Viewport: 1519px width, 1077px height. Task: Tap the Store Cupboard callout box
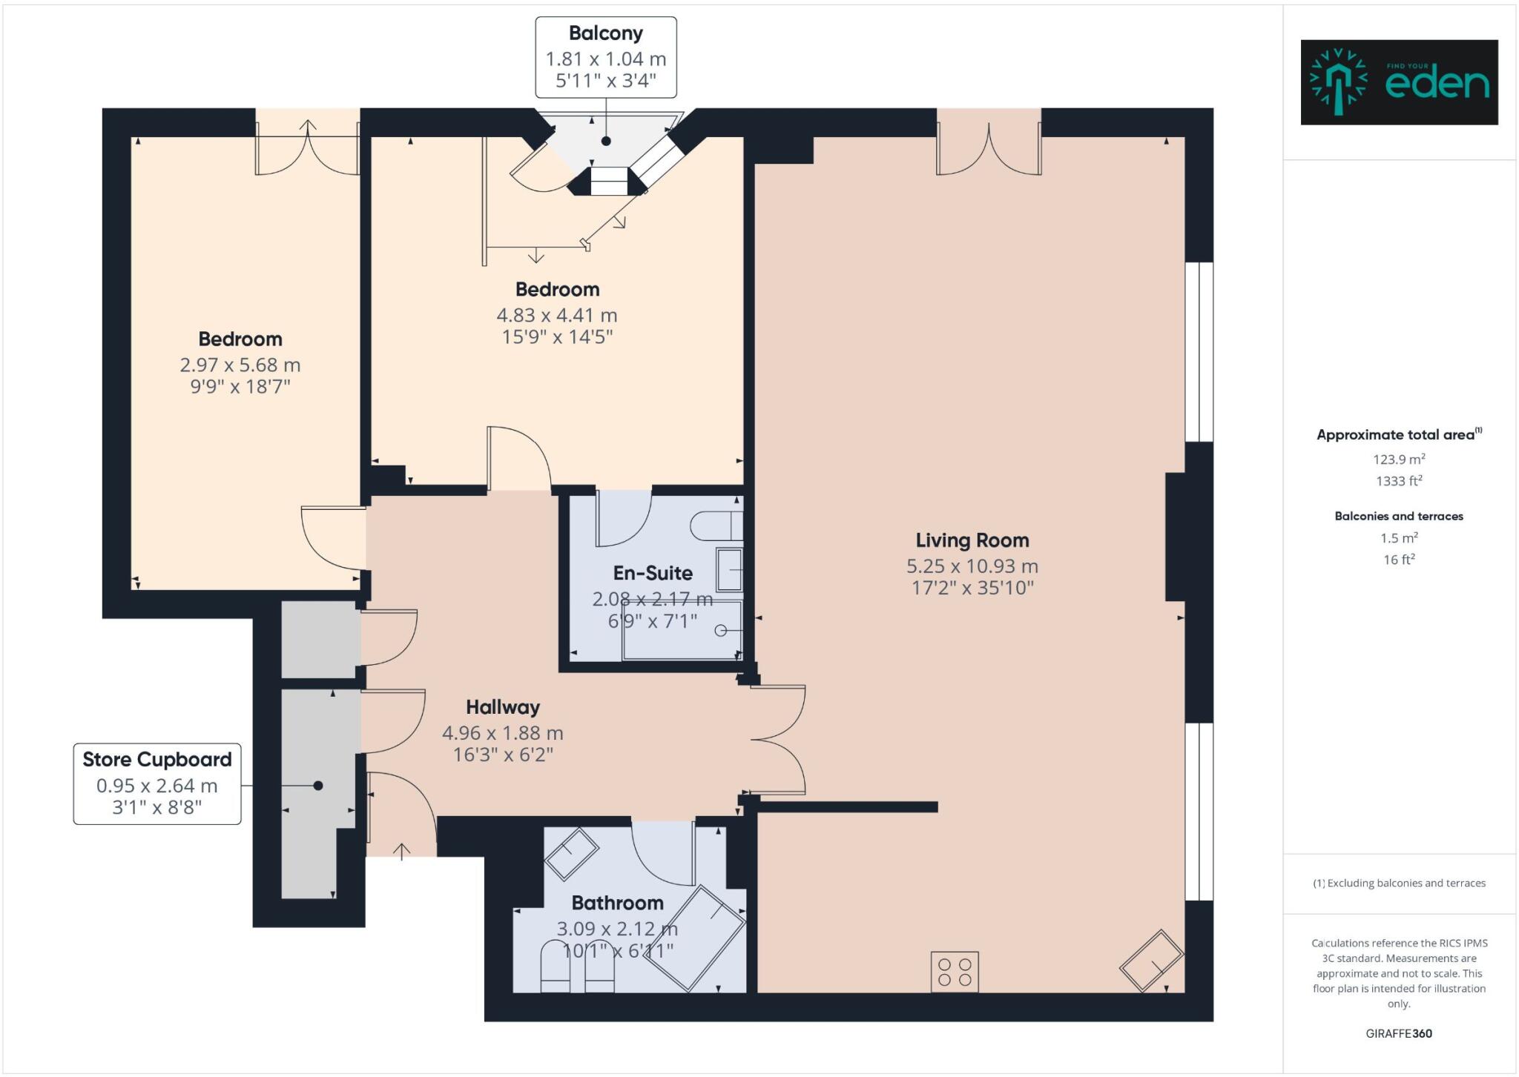pyautogui.click(x=157, y=783)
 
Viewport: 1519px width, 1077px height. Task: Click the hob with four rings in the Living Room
pyautogui.click(x=955, y=972)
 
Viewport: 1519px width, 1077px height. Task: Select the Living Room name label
pyautogui.click(x=972, y=540)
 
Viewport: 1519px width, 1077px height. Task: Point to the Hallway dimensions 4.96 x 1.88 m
pyautogui.click(x=502, y=733)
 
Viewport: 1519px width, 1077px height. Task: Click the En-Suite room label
pyautogui.click(x=653, y=573)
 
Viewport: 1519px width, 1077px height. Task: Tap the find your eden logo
pyautogui.click(x=1399, y=82)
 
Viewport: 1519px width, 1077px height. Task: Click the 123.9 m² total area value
pyautogui.click(x=1398, y=459)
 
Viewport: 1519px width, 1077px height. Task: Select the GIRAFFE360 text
pyautogui.click(x=1398, y=1033)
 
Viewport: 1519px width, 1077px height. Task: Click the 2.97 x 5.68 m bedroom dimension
pyautogui.click(x=240, y=365)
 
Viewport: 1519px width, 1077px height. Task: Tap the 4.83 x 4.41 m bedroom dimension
pyautogui.click(x=556, y=315)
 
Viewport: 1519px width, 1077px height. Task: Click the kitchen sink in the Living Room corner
pyautogui.click(x=1151, y=961)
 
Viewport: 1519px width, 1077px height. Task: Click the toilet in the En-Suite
pyautogui.click(x=716, y=526)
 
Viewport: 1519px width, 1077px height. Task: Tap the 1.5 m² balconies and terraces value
pyautogui.click(x=1398, y=538)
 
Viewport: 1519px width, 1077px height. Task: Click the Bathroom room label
pyautogui.click(x=617, y=903)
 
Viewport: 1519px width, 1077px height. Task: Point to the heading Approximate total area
pyautogui.click(x=1398, y=435)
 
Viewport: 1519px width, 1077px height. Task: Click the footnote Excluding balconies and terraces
pyautogui.click(x=1399, y=883)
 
